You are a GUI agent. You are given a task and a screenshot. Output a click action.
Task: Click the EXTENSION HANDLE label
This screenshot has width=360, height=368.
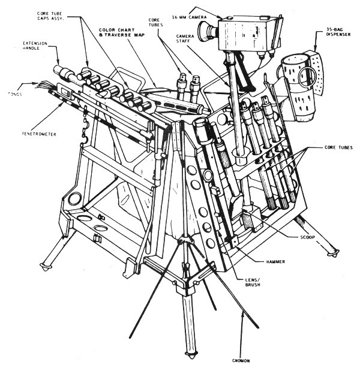34,47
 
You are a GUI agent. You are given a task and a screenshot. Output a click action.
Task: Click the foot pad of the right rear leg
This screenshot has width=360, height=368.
329,254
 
